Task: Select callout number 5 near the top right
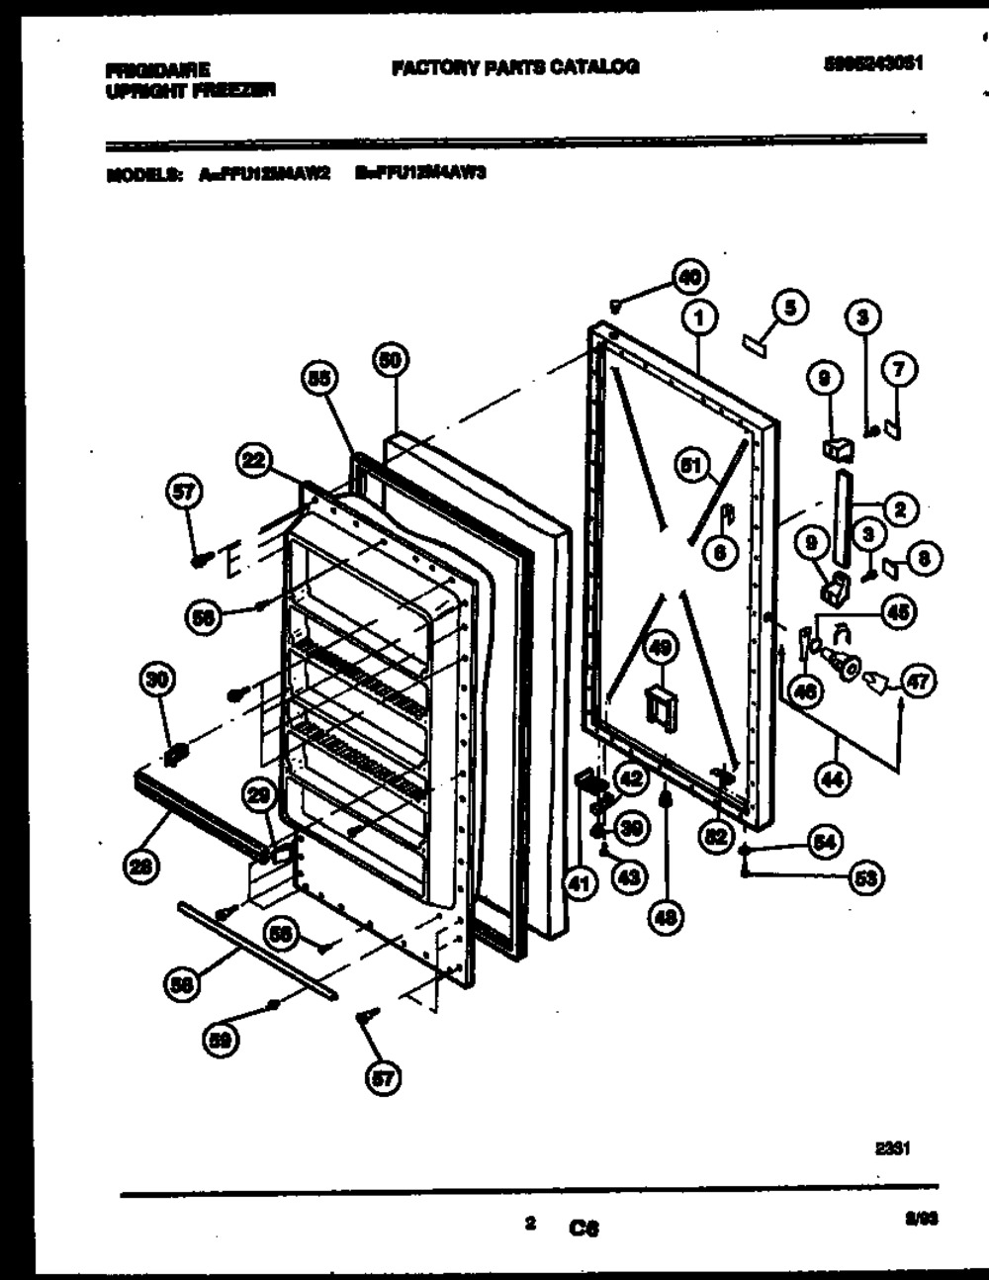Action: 789,307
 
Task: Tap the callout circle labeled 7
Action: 899,371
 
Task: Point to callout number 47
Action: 919,682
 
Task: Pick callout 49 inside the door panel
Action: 660,650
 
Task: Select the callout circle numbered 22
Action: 254,459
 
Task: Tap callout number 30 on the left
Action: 158,680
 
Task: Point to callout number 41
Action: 581,883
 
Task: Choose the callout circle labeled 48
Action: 666,919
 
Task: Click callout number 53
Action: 868,876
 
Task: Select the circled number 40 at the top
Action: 691,277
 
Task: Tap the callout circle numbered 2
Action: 899,509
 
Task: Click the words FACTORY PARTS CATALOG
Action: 515,67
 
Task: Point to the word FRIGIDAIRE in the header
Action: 157,70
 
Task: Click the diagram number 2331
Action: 892,1148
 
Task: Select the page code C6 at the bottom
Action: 584,1230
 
